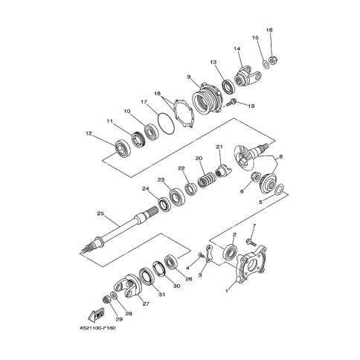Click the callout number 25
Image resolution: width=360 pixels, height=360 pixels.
pos(100,213)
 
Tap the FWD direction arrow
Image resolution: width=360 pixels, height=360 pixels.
pos(96,314)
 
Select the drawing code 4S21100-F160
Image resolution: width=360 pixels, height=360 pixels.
pos(97,328)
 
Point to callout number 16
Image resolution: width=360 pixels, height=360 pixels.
pos(269,30)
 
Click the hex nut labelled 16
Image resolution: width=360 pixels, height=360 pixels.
pos(273,60)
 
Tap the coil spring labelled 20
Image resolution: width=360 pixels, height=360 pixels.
pos(205,182)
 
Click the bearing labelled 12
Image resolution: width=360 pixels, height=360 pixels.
pos(123,148)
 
